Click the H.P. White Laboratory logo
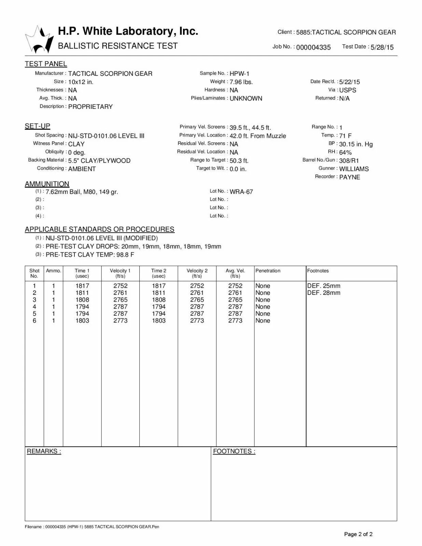40,39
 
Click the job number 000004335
313,47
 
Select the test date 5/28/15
382,47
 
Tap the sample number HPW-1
239,73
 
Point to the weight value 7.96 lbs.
241,82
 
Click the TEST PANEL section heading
46,64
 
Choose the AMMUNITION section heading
47,184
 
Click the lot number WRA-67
241,192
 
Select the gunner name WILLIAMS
354,169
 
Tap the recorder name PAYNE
350,177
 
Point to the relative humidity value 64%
345,153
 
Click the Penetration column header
268,271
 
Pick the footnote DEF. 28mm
324,293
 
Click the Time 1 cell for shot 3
82,300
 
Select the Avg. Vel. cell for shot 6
235,320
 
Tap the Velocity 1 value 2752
120,286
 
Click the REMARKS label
44,451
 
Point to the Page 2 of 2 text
358,534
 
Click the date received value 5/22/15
349,82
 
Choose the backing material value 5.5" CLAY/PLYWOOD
99,161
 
